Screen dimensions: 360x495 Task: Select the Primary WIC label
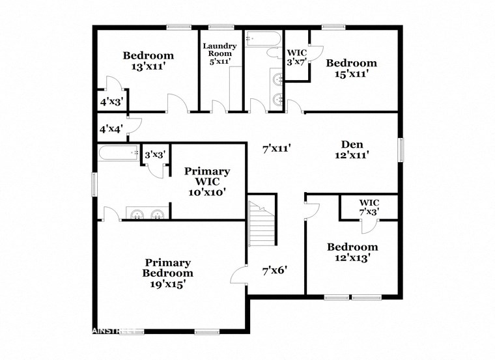click(206, 181)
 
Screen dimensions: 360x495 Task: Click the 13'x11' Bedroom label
click(148, 61)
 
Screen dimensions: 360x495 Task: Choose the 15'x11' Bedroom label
click(351, 68)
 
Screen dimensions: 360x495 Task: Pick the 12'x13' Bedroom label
click(352, 252)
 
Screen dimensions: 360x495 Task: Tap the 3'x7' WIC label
click(296, 57)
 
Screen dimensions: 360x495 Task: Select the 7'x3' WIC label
click(369, 207)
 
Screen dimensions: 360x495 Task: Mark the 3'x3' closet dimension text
click(155, 155)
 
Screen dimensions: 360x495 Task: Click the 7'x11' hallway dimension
click(276, 149)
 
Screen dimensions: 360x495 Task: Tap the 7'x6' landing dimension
click(275, 269)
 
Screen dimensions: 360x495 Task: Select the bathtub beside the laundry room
click(263, 39)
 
